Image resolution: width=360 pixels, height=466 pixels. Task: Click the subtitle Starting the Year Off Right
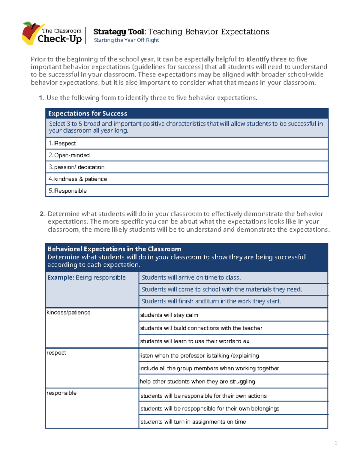click(x=126, y=40)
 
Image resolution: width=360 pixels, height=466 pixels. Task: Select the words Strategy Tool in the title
click(x=119, y=32)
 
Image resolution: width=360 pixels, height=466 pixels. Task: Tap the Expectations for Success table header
click(x=88, y=113)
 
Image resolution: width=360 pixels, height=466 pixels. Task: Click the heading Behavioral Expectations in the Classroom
click(x=114, y=249)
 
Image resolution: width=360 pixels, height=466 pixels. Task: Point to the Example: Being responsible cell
click(x=86, y=278)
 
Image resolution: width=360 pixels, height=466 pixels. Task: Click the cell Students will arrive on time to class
click(x=191, y=278)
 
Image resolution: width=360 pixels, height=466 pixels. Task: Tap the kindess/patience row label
click(x=69, y=313)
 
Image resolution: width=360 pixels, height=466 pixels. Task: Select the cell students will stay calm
click(x=169, y=315)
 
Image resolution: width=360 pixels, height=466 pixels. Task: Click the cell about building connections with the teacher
click(x=201, y=328)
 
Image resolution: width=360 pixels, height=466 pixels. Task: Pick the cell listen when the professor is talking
click(x=199, y=356)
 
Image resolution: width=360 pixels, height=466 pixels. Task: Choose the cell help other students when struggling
click(x=197, y=382)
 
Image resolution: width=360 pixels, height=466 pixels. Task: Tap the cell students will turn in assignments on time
click(x=193, y=422)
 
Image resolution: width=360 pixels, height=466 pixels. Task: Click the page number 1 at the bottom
click(x=336, y=443)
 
